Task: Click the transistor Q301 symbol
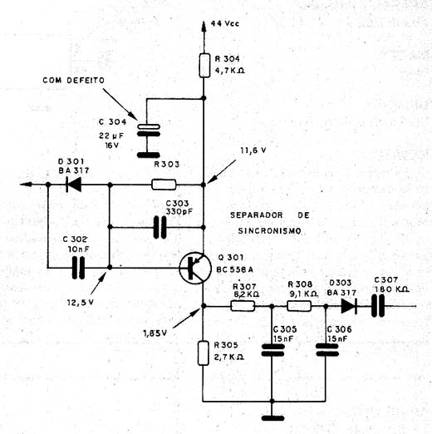(x=192, y=268)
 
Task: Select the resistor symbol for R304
(x=204, y=66)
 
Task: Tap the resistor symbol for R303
(x=164, y=185)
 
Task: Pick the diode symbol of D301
(x=73, y=185)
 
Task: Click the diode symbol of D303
(x=349, y=306)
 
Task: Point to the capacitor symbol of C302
(x=78, y=268)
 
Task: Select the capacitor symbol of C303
(x=160, y=227)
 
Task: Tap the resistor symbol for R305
(x=204, y=353)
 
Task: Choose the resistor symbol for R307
(x=243, y=306)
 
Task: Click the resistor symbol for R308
(x=299, y=306)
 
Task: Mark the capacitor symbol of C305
(x=272, y=350)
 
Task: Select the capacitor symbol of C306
(x=327, y=350)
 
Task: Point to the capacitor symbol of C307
(x=378, y=306)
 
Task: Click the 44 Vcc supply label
(x=225, y=23)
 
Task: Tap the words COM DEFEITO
(x=74, y=81)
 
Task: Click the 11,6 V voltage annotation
(x=253, y=150)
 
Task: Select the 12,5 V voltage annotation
(x=81, y=303)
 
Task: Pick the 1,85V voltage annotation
(x=155, y=333)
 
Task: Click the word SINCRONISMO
(x=269, y=231)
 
